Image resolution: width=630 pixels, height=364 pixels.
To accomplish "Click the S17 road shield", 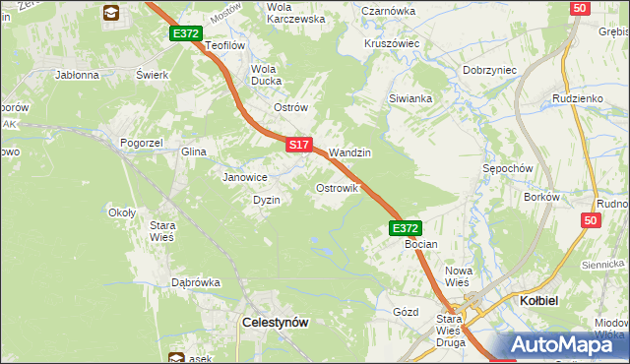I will pos(300,145).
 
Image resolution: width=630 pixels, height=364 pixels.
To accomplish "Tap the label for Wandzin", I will pos(349,153).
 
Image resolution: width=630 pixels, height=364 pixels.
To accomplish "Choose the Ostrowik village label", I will pos(336,187).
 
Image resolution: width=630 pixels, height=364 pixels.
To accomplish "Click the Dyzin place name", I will pos(267,200).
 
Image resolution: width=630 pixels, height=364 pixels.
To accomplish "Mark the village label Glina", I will pos(193,152).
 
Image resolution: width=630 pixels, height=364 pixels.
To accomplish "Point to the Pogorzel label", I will pos(141,143).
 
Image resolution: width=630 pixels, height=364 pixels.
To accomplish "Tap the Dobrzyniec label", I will pos(490,71).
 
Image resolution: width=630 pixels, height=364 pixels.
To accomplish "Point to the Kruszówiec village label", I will pos(392,43).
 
